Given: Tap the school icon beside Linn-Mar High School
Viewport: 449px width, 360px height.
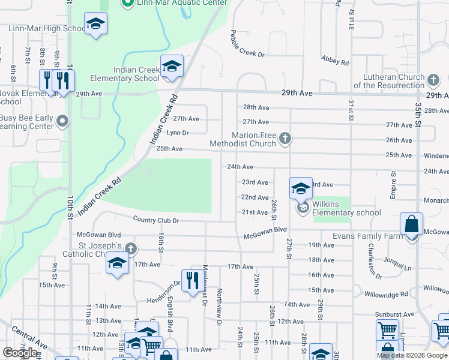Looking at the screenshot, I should [x=95, y=24].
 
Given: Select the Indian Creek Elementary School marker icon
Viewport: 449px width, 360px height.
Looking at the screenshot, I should [x=171, y=66].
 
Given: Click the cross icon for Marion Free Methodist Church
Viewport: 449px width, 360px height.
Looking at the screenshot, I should [x=285, y=139].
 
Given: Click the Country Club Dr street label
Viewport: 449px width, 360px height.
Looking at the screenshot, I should [x=156, y=220].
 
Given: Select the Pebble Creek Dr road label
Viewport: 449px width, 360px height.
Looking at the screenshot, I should [x=247, y=44].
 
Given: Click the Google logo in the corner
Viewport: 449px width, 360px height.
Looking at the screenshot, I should [x=20, y=353].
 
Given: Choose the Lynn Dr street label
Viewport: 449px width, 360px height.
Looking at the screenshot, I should [x=178, y=133].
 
